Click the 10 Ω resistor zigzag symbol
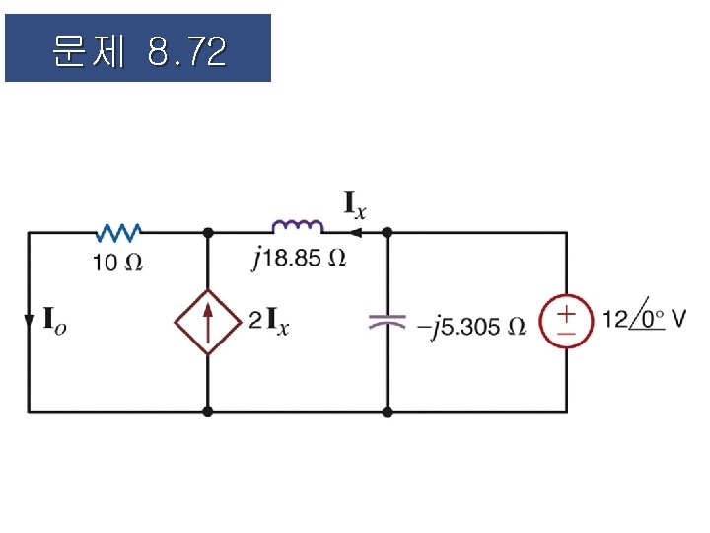pos(119,232)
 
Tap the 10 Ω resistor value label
pos(117,263)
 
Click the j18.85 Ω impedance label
pos(299,259)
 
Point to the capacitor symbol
pos(387,321)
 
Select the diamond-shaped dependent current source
pos(208,321)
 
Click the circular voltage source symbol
pos(567,322)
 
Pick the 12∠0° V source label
pos(645,320)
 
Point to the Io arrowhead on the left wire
pos(29,323)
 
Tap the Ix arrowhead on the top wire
pos(355,233)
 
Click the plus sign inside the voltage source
pos(567,312)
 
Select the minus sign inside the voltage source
pos(567,334)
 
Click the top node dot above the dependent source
pos(208,233)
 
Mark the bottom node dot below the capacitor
pos(387,410)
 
